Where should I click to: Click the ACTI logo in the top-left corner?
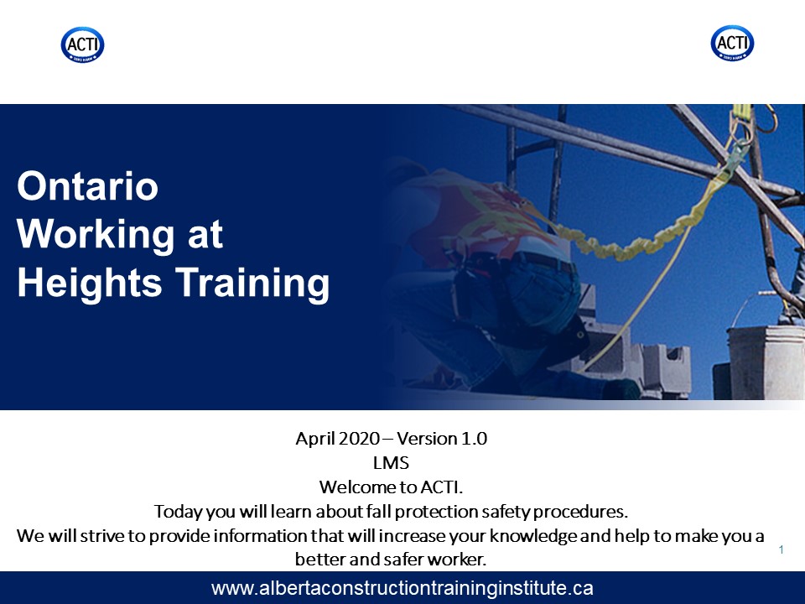pos(83,44)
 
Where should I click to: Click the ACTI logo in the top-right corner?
pos(732,43)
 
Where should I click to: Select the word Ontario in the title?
pos(88,186)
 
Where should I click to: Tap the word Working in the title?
pos(96,235)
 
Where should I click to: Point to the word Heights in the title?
pos(90,284)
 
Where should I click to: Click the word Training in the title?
pos(252,284)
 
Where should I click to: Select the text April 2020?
pos(337,439)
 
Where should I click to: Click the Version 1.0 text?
pos(442,439)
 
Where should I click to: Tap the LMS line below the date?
pos(392,463)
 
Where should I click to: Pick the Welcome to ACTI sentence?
pos(392,487)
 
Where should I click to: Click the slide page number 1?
pos(782,550)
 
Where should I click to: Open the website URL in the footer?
pos(402,588)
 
